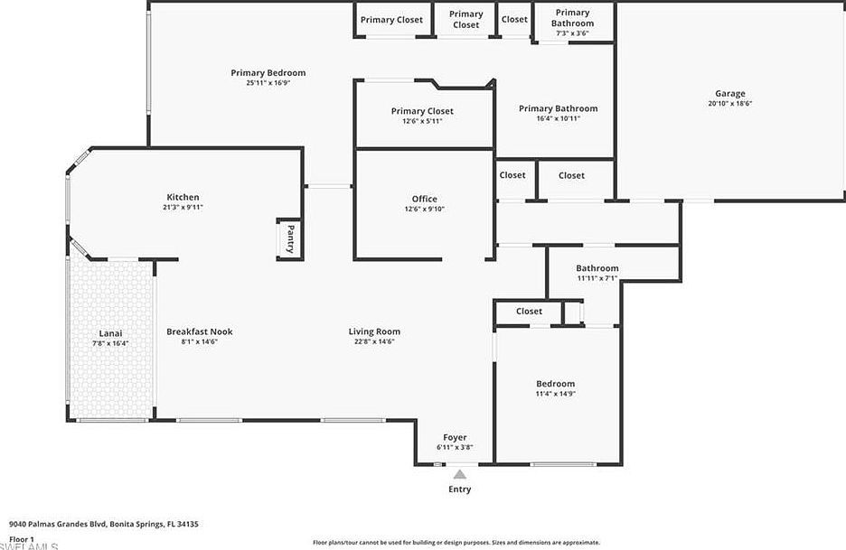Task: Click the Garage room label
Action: pos(730,93)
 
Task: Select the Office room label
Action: pos(424,199)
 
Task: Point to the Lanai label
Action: pos(110,332)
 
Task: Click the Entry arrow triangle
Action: pos(460,474)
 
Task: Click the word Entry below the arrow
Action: pos(460,489)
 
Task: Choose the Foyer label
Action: pos(456,437)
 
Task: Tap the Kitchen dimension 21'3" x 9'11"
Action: pos(183,208)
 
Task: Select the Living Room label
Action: pos(374,331)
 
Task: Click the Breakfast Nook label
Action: pos(199,331)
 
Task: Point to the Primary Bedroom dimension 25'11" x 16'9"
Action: pos(268,83)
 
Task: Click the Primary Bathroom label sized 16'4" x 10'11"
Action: pos(558,108)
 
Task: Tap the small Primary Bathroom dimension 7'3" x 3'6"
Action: pos(572,33)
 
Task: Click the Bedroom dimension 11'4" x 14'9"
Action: pos(555,395)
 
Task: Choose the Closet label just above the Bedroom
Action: pos(529,312)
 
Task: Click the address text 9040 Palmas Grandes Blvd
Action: pos(59,524)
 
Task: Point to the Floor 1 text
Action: pos(21,539)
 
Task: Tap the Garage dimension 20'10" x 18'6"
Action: pos(730,104)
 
